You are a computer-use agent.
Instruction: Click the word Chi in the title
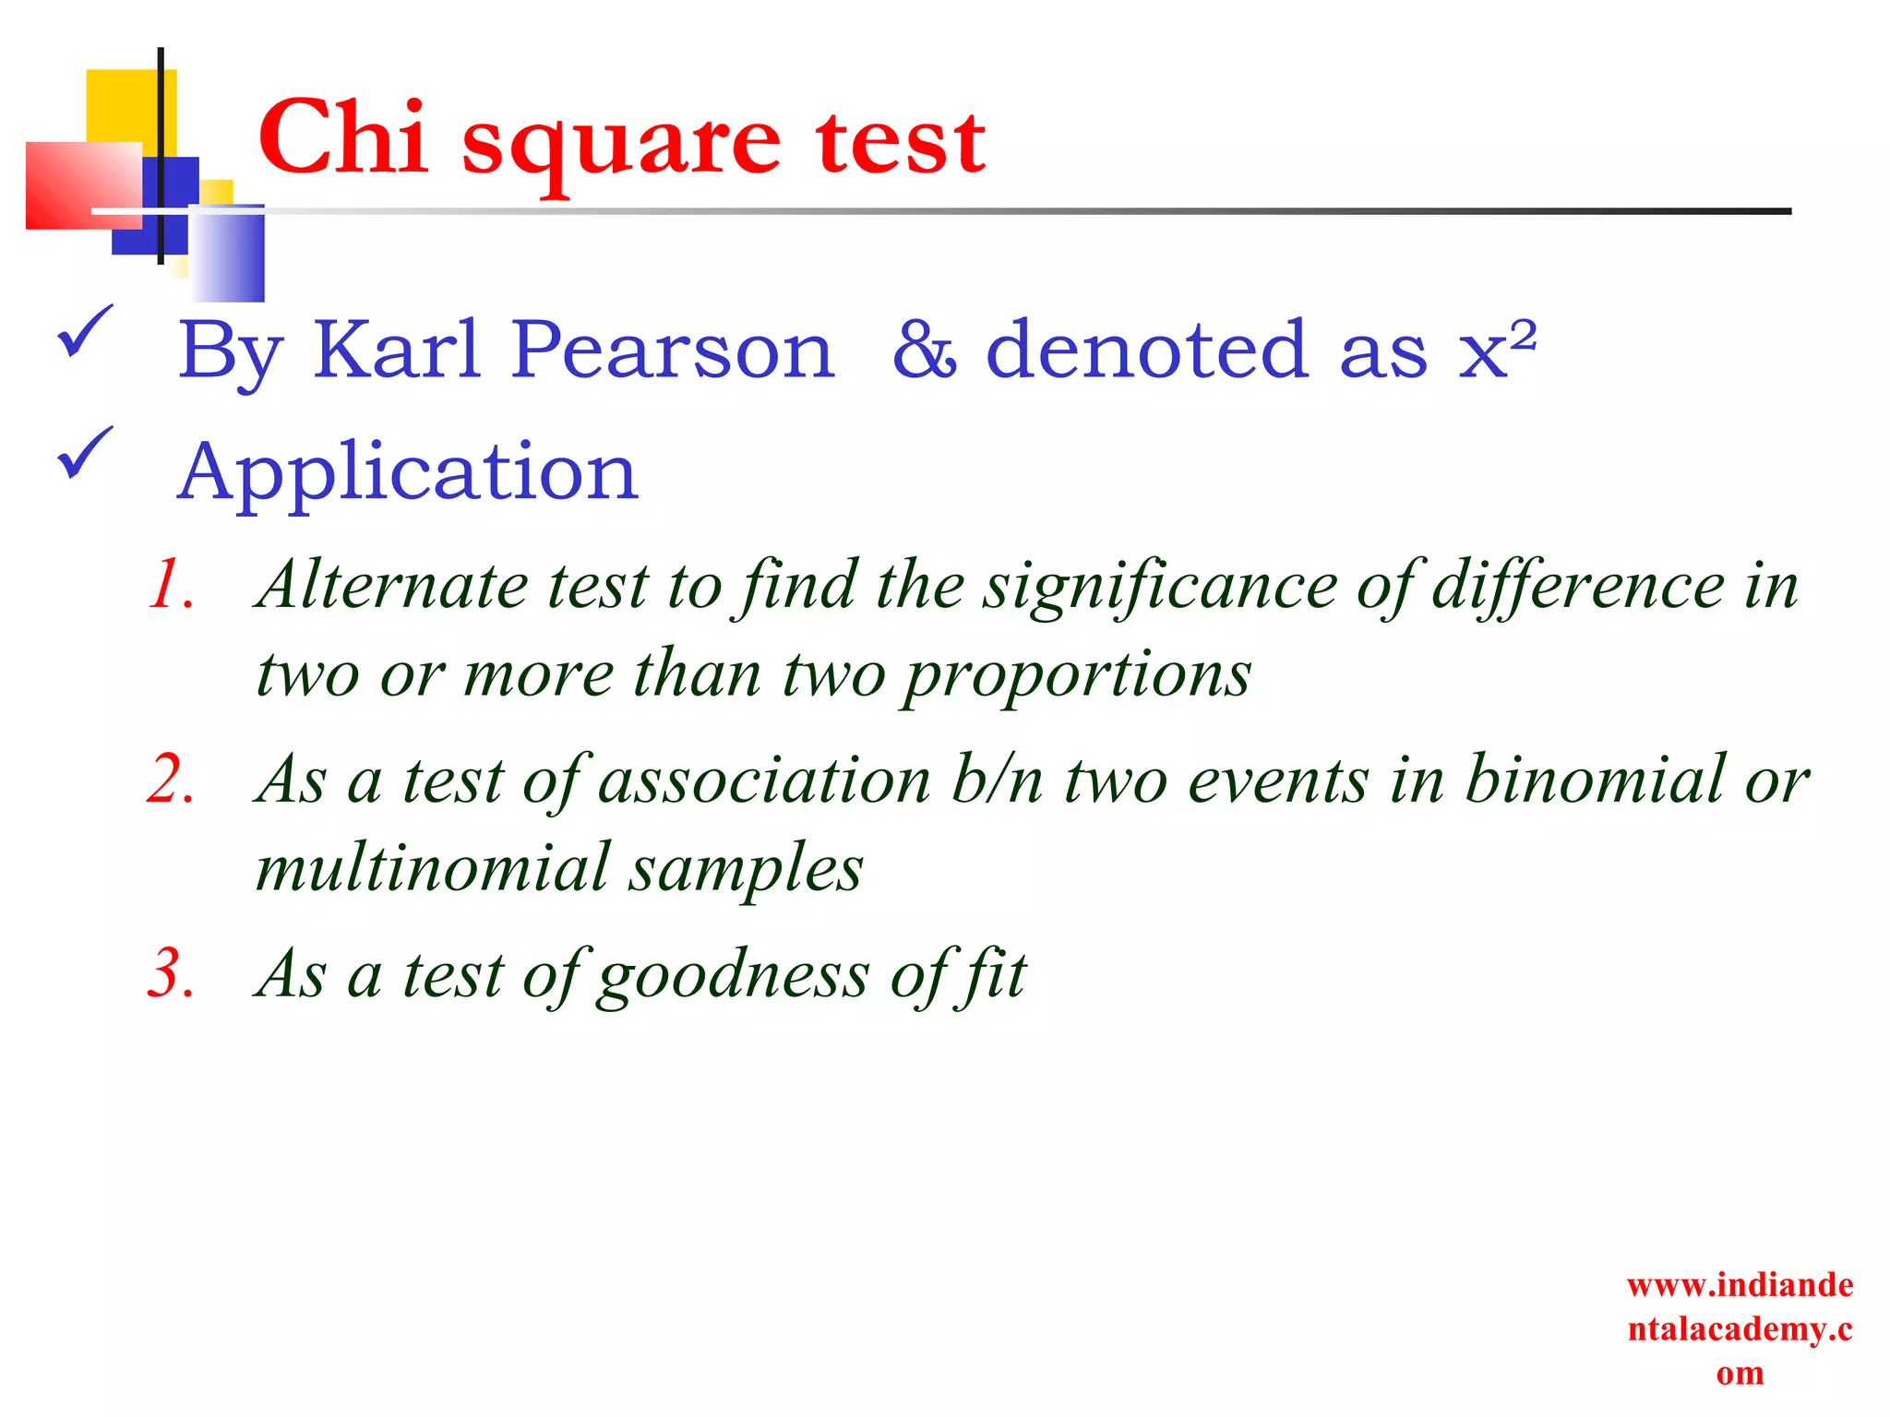click(x=343, y=138)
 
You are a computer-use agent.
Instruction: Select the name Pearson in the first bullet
click(x=673, y=351)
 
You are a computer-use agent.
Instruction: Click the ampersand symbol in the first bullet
click(x=924, y=351)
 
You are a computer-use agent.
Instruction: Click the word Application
click(x=407, y=472)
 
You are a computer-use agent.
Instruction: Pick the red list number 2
click(x=172, y=780)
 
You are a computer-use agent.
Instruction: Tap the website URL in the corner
click(x=1740, y=1328)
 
